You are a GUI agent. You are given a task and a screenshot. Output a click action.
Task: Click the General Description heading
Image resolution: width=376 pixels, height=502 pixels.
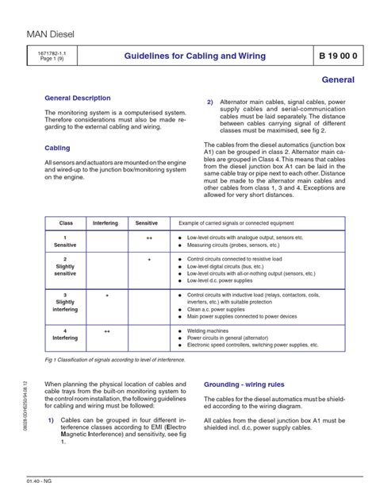[78, 98]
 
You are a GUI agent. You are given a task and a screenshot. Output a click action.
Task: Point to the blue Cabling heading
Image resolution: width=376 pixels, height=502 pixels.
[58, 148]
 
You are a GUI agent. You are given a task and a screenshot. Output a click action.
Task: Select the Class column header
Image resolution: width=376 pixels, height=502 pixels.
[65, 223]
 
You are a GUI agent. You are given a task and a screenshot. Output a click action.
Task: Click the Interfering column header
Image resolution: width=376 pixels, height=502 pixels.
[106, 223]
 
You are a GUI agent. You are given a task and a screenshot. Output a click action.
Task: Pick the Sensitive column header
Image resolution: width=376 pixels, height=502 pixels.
[147, 223]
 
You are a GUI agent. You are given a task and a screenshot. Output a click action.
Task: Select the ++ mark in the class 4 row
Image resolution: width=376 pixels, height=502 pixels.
[106, 328]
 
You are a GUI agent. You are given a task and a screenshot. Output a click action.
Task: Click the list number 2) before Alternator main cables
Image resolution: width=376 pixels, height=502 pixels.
[210, 103]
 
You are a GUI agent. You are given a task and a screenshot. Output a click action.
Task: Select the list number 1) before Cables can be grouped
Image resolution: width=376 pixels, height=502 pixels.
[52, 442]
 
